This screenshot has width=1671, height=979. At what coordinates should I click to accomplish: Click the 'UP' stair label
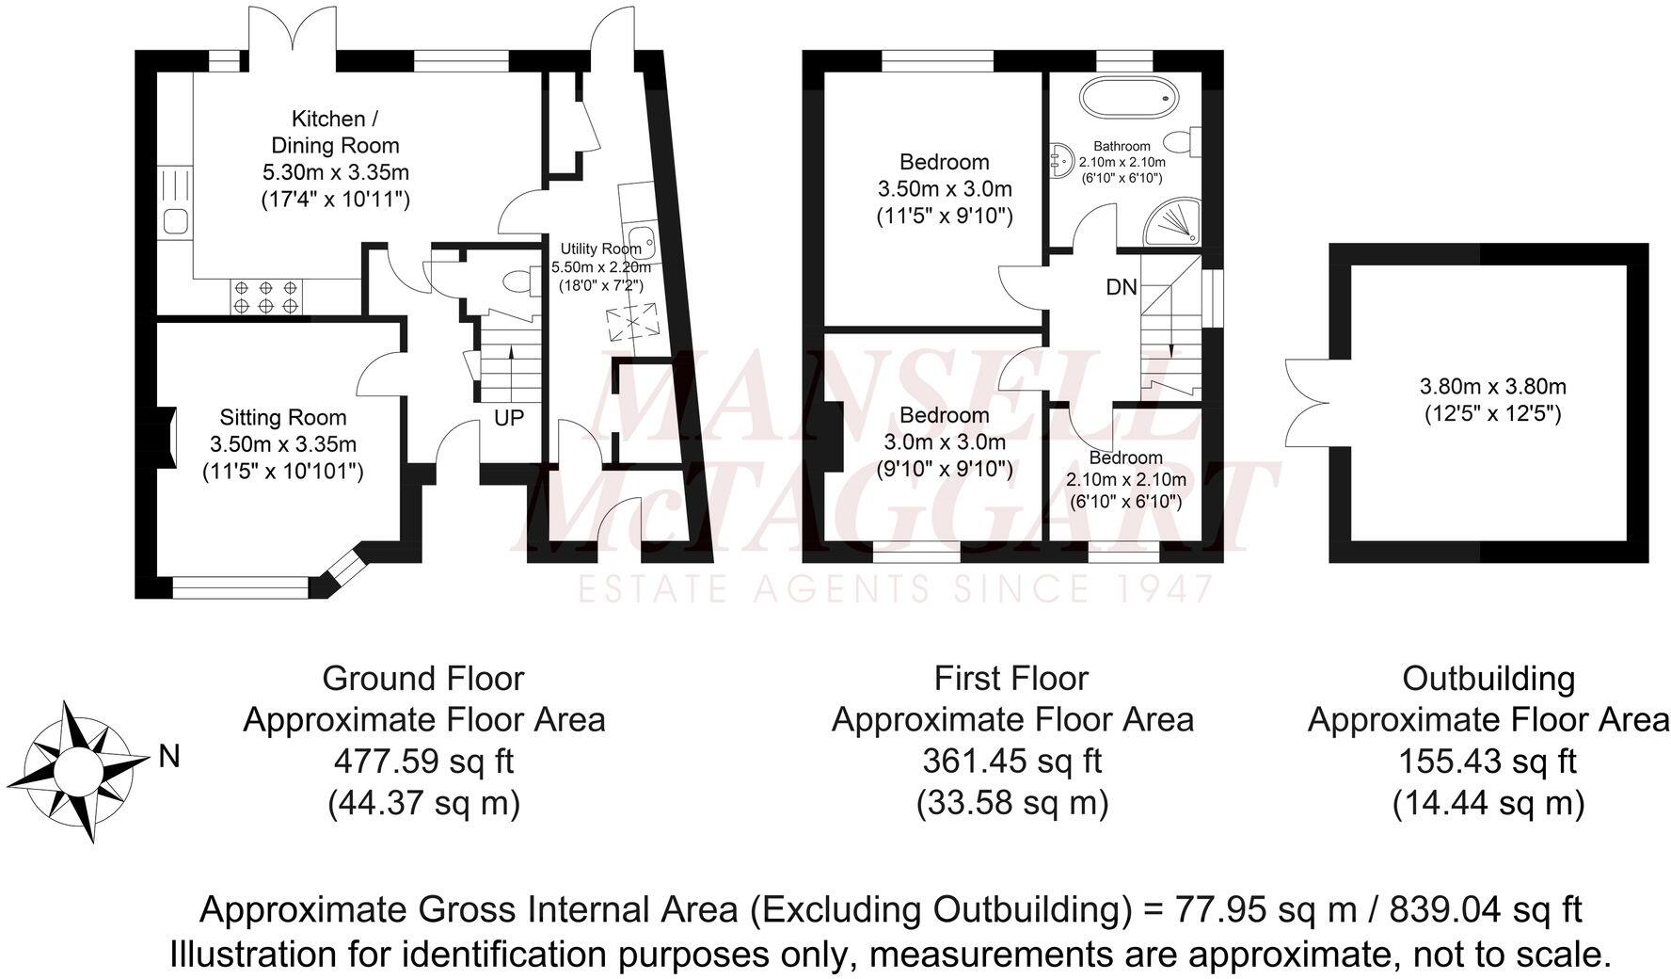(509, 417)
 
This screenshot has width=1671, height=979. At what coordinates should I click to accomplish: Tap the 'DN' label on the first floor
(1121, 287)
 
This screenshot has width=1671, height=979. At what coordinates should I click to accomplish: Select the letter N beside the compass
(168, 756)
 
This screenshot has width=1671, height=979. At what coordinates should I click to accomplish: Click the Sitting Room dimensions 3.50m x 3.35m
(282, 444)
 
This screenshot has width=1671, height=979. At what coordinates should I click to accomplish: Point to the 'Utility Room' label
(600, 249)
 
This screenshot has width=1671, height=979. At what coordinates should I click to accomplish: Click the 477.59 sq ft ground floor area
(423, 761)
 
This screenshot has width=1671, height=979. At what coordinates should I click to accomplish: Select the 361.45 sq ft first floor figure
(1011, 761)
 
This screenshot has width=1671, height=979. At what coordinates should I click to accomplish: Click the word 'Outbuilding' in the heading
(1488, 678)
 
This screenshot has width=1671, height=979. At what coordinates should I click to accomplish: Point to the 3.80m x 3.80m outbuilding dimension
(1492, 386)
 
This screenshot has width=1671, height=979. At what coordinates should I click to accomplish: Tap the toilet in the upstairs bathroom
(1183, 141)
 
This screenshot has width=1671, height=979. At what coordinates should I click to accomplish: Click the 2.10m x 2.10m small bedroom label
(1125, 479)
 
